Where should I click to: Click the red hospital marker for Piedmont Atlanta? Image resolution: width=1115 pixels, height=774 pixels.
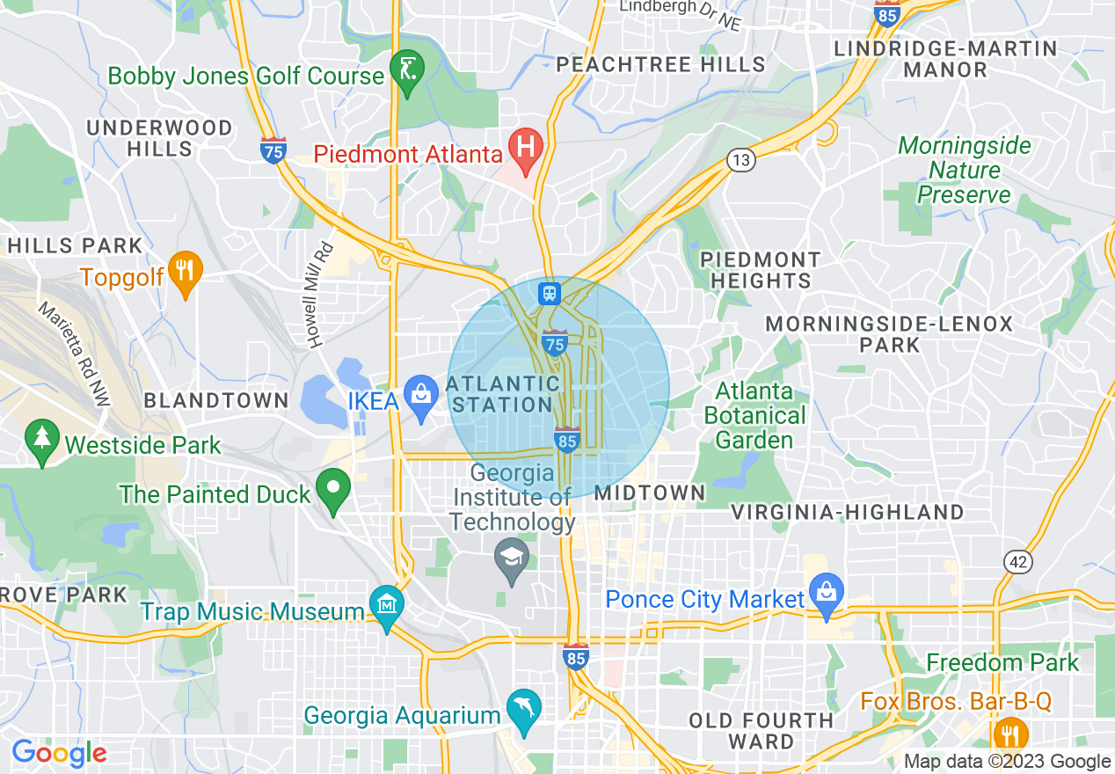click(526, 144)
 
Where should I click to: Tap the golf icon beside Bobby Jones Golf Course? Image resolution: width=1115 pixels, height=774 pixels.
click(407, 68)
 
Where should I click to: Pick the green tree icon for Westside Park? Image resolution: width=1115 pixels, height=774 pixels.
click(41, 437)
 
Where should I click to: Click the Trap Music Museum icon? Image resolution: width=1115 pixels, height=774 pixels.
click(387, 604)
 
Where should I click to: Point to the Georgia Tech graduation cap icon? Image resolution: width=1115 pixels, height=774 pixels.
click(511, 558)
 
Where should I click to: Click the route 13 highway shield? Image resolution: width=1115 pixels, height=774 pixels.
click(741, 159)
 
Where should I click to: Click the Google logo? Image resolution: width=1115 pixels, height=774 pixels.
click(59, 753)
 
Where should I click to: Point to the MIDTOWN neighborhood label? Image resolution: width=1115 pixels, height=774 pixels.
click(650, 493)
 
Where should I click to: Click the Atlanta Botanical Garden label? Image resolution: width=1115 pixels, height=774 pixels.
click(755, 414)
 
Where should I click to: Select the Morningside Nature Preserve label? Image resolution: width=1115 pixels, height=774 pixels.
click(965, 170)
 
